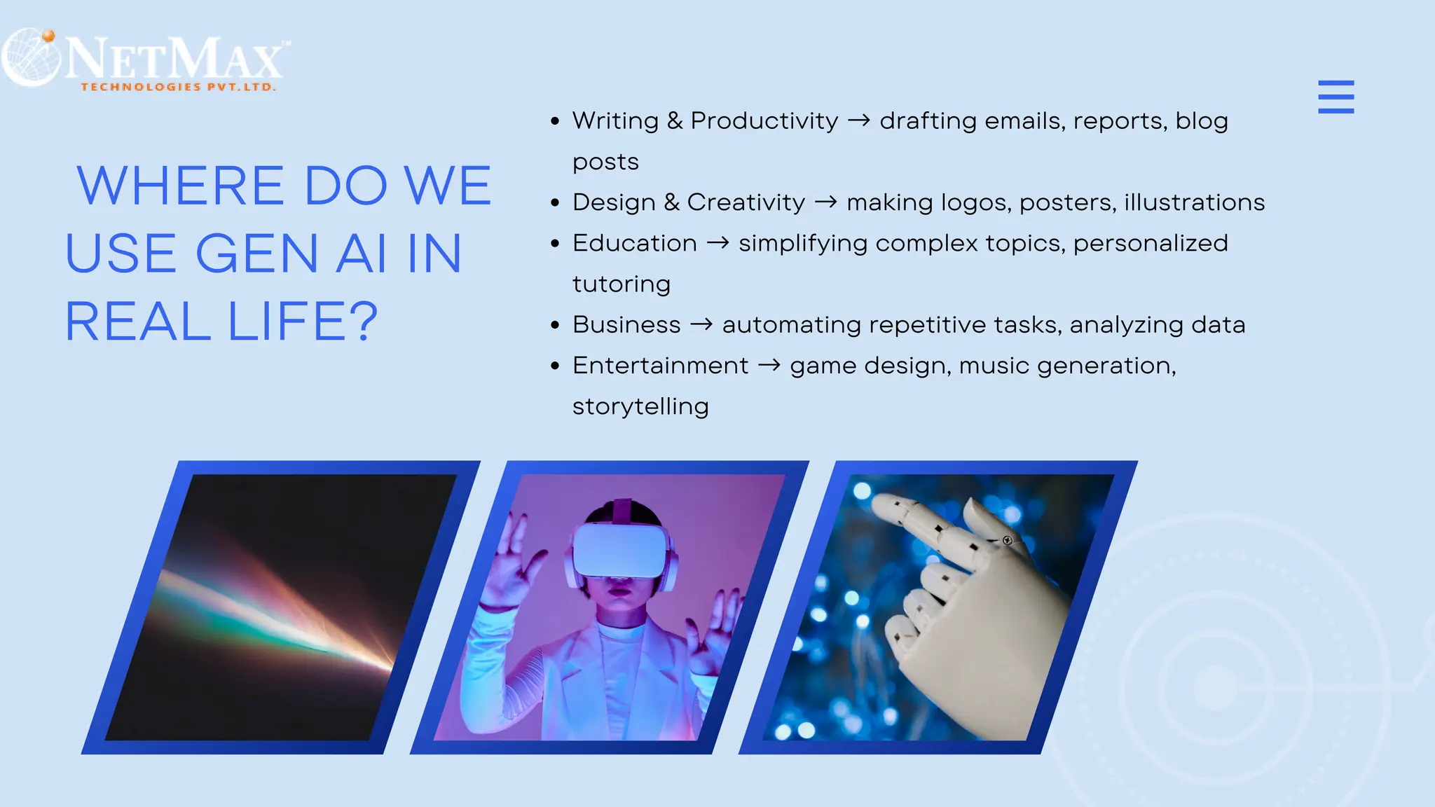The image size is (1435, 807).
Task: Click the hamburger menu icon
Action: point(1336,97)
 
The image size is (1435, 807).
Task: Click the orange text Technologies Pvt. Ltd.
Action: point(178,87)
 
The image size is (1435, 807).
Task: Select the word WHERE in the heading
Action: point(180,186)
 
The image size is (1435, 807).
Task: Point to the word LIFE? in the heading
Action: point(303,322)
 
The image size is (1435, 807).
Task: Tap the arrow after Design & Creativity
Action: point(825,202)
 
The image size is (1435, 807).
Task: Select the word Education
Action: point(634,243)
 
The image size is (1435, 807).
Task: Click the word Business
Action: point(626,325)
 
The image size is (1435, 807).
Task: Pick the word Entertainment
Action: point(660,366)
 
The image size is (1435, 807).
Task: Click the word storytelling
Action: point(640,407)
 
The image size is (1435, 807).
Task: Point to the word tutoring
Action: point(621,284)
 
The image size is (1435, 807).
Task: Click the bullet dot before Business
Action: point(555,326)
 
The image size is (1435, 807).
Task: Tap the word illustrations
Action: point(1194,202)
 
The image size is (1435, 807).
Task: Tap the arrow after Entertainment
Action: point(769,366)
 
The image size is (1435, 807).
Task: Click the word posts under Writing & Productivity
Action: point(605,163)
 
